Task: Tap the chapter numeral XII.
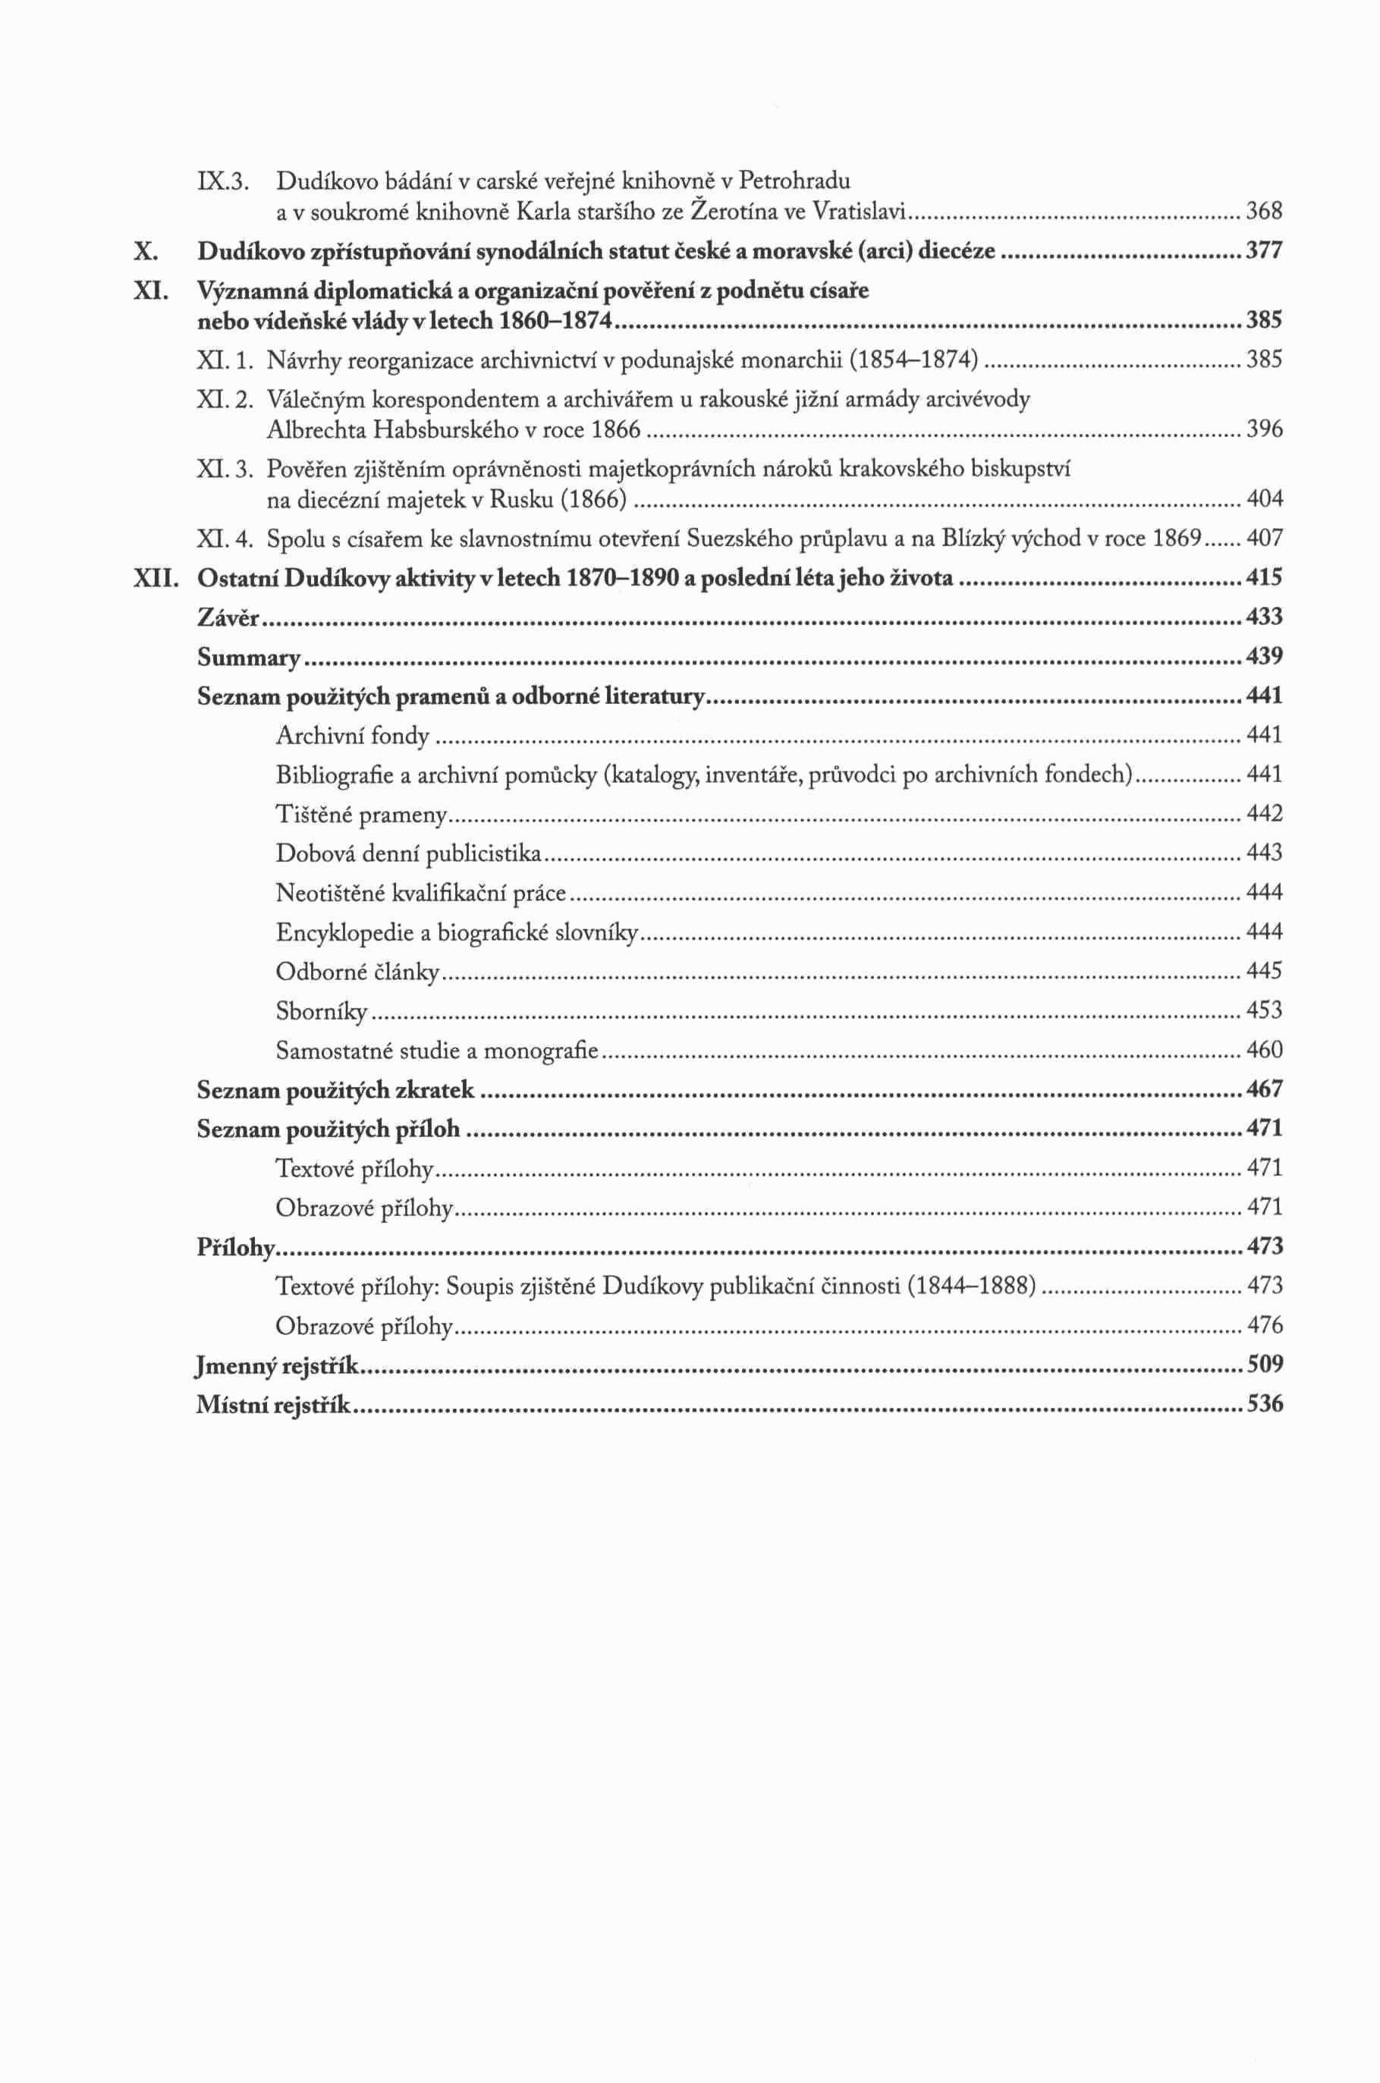156,579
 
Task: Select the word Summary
248,658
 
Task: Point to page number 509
1265,1365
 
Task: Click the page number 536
1265,1405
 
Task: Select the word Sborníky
321,1011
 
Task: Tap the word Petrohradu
795,182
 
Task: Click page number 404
1265,500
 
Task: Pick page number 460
1265,1050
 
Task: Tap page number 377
1265,253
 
